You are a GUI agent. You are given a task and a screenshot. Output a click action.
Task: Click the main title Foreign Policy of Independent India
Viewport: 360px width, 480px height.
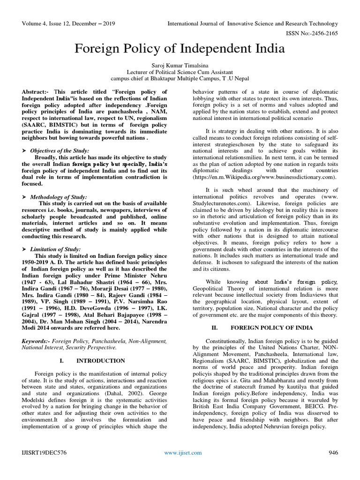[x=180, y=49]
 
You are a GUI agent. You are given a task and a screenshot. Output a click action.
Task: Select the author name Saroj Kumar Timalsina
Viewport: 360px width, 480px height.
[x=180, y=65]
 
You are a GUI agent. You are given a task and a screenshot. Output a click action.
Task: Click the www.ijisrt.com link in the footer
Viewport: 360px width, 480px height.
[x=183, y=452]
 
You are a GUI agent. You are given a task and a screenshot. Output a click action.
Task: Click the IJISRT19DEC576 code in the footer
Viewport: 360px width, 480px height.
[x=43, y=452]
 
